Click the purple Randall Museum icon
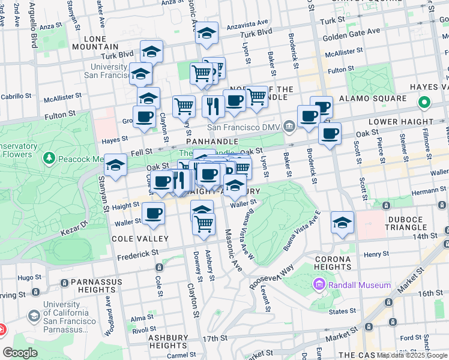[318, 285]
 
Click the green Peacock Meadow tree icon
[49, 159]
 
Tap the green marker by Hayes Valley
[424, 103]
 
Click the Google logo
[21, 352]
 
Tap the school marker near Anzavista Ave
[206, 34]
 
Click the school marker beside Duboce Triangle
[343, 223]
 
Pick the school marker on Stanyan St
[115, 164]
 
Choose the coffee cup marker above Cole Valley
[154, 212]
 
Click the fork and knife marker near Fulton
[212, 104]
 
